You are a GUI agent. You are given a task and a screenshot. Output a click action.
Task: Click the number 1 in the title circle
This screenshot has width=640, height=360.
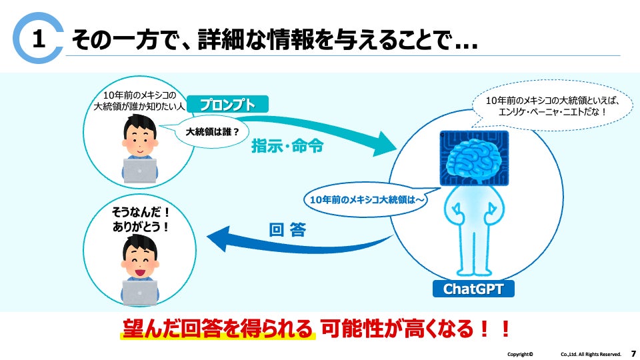pos(39,40)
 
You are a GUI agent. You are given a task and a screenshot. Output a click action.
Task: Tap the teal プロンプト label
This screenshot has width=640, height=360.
pos(227,105)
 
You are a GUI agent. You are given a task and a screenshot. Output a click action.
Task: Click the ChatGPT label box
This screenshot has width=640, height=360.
pos(473,289)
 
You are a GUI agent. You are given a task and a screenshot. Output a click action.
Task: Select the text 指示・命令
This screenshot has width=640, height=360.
pos(287,146)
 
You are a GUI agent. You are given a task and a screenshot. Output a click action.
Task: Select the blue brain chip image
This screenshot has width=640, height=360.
pos(475,158)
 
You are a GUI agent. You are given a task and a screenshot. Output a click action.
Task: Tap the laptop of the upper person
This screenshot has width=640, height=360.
pos(140,171)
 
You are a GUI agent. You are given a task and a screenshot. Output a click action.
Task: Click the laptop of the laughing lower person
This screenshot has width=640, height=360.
pos(140,292)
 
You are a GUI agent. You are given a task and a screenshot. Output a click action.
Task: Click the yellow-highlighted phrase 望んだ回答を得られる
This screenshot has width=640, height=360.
pos(217,329)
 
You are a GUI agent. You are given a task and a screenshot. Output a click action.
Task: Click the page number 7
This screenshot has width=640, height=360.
pos(633,353)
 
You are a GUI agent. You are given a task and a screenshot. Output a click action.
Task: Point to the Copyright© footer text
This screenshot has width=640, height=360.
pos(520,354)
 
